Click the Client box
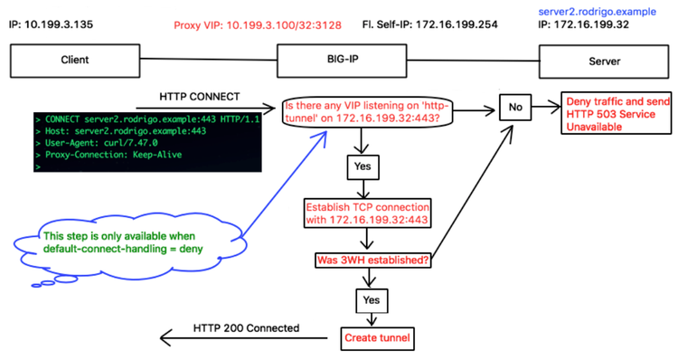point(75,60)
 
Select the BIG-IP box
point(339,60)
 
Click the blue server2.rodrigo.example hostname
point(596,10)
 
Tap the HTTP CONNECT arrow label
point(199,95)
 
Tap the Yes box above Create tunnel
point(370,298)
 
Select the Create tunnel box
point(376,339)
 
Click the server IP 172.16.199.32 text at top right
point(583,24)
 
